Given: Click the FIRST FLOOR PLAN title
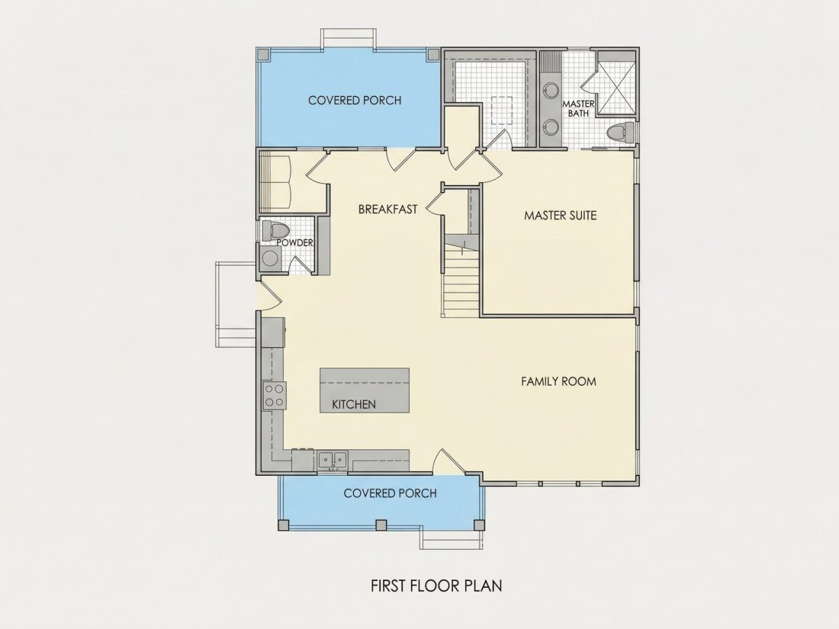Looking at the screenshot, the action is (436, 586).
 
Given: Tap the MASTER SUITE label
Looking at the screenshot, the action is (561, 216).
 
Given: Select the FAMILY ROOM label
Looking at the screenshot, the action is (558, 381).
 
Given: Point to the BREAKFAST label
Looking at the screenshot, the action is (388, 209).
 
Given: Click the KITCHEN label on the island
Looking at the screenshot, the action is (354, 404).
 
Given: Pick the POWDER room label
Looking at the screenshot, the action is (295, 242).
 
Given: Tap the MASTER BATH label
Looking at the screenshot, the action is (578, 108).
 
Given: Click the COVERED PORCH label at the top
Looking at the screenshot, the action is (355, 100).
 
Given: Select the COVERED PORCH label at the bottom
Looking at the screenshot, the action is (390, 493).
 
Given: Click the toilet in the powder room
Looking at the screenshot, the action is (276, 231).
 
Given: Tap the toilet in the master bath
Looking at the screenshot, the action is (621, 133).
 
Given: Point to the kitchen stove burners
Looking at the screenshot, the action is (274, 396).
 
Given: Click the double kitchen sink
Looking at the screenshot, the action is (333, 459).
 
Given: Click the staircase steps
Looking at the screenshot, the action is (461, 281).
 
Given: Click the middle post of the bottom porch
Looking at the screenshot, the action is (381, 525).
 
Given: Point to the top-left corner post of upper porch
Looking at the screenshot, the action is (263, 55).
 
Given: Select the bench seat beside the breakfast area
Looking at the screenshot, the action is (275, 182).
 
